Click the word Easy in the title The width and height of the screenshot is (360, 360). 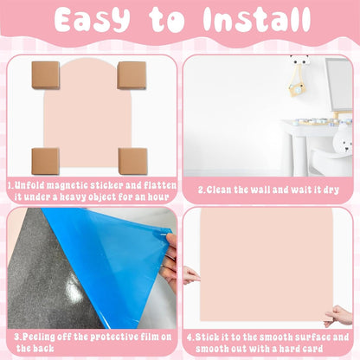coord(92,20)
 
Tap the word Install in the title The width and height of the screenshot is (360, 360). coord(257,19)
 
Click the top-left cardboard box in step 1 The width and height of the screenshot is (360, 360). coord(46,75)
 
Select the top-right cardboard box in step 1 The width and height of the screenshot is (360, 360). coord(132,75)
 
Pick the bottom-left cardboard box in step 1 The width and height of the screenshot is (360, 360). coord(46,161)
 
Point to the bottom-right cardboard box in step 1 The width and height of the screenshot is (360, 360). coord(132,161)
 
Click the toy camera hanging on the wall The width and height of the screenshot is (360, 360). coord(296,89)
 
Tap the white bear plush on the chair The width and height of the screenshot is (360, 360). coord(344,141)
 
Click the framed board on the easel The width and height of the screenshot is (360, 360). coord(338,85)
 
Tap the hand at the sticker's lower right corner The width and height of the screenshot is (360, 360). coord(338,316)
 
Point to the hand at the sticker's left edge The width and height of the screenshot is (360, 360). coord(190,275)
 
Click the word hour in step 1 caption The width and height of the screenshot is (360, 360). coord(158,197)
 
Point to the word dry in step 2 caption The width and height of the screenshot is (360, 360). coord(331,190)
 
